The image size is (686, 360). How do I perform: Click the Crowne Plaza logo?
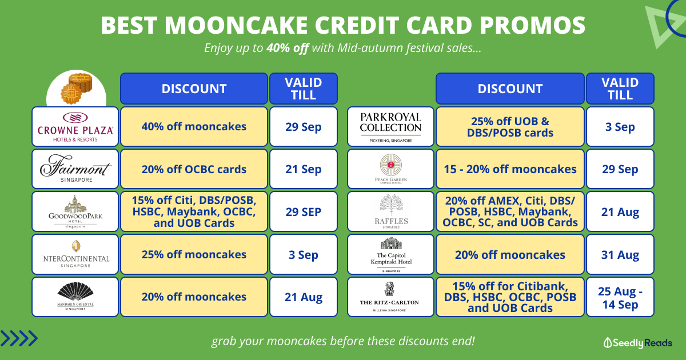click(x=75, y=127)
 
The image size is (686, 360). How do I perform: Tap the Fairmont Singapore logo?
click(x=75, y=169)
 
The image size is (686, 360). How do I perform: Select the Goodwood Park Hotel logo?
click(x=75, y=211)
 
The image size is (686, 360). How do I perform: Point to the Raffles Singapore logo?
click(x=391, y=211)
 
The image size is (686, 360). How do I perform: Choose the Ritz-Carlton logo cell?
click(x=390, y=297)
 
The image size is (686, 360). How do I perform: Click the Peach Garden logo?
click(x=391, y=169)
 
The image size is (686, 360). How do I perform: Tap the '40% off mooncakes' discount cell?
click(x=194, y=126)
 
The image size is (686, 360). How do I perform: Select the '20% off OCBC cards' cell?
click(x=194, y=169)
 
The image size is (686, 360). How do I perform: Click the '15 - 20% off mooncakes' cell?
click(x=510, y=169)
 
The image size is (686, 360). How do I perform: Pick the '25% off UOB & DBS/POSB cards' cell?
click(x=510, y=126)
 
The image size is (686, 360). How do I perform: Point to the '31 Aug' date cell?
click(x=620, y=254)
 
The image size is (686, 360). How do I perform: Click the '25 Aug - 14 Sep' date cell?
click(x=620, y=297)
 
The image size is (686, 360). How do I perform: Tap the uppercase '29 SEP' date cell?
click(x=304, y=211)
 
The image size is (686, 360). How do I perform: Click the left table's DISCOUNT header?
click(x=194, y=89)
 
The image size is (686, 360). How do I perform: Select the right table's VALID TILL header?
click(x=620, y=89)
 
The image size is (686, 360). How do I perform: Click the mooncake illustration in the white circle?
click(x=77, y=89)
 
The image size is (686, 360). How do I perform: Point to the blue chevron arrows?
click(x=19, y=338)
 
